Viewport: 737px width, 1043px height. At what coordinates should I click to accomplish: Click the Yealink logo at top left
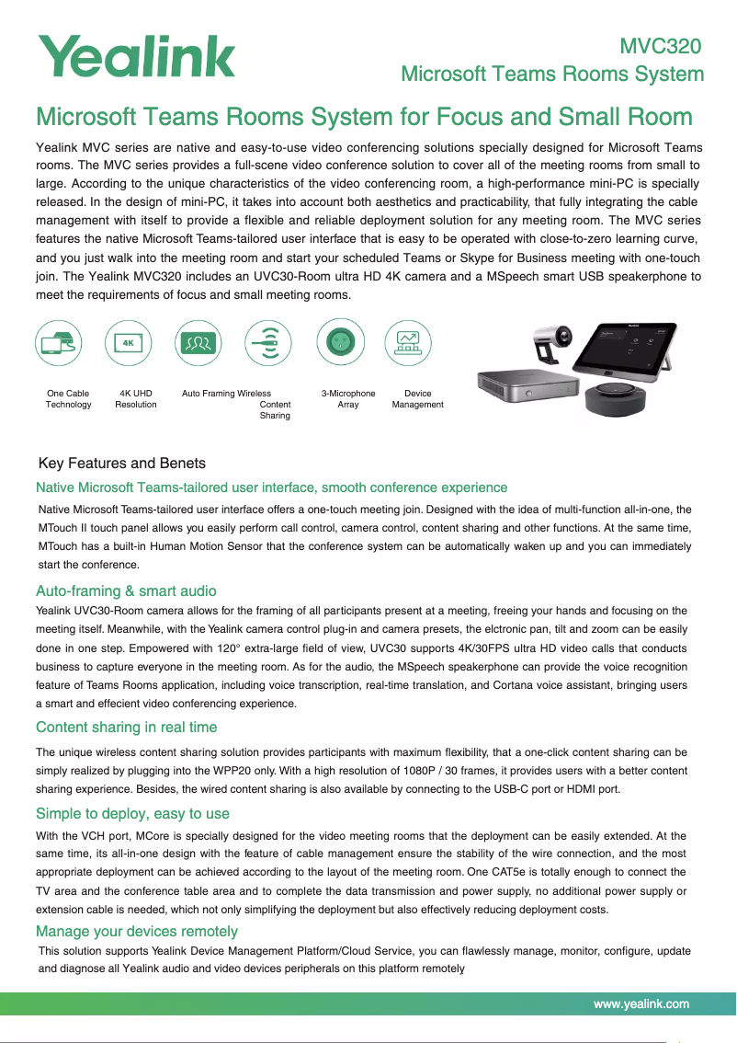(136, 56)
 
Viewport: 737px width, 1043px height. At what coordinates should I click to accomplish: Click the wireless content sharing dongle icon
(268, 344)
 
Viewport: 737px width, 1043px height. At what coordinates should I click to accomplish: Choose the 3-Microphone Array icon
(340, 344)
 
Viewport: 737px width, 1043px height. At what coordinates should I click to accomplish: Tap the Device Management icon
(408, 344)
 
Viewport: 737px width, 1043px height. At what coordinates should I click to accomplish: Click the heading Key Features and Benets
(122, 463)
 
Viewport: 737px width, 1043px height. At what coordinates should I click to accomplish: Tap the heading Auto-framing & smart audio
(126, 590)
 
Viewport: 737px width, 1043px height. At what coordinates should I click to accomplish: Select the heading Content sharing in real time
(127, 728)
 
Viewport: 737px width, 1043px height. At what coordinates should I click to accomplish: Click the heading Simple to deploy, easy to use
(132, 814)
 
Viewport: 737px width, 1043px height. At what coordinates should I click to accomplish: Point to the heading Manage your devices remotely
(137, 933)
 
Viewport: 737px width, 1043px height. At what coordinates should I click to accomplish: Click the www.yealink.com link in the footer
(641, 1003)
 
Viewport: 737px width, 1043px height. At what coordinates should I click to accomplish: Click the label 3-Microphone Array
(348, 399)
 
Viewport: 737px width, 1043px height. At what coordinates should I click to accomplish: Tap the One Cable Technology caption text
(68, 399)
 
